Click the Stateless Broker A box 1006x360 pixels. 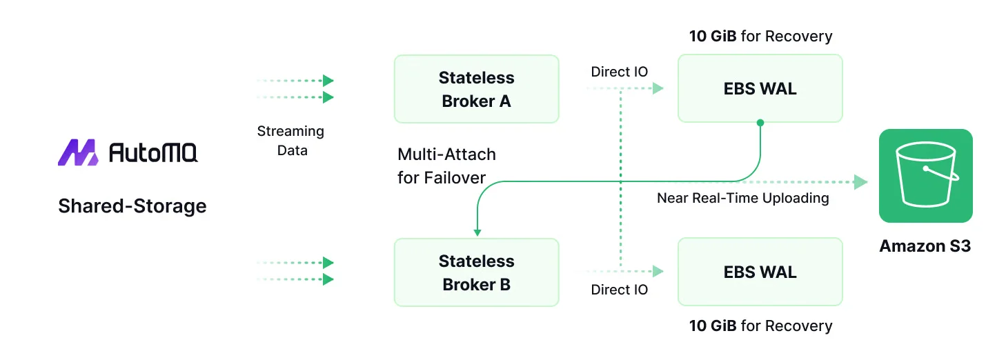[476, 89]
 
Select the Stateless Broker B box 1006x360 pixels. [476, 272]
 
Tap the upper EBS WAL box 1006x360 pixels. [760, 89]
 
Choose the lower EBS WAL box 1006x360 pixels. [760, 272]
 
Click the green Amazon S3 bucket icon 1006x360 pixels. [925, 176]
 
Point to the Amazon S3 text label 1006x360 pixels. [925, 246]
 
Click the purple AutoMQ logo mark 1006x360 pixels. [78, 152]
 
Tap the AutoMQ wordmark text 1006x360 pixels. [153, 152]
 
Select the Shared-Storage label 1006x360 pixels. [132, 206]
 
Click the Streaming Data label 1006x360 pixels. [290, 141]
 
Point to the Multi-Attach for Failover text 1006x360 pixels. [446, 166]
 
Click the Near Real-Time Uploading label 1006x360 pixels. [742, 198]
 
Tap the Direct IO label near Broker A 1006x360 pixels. [620, 72]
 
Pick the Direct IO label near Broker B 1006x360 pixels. [620, 290]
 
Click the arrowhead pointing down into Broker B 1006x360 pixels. [477, 233]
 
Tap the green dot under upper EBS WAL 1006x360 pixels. [760, 123]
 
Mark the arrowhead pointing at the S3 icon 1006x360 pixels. [860, 182]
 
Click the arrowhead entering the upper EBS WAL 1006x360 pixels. [658, 88]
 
